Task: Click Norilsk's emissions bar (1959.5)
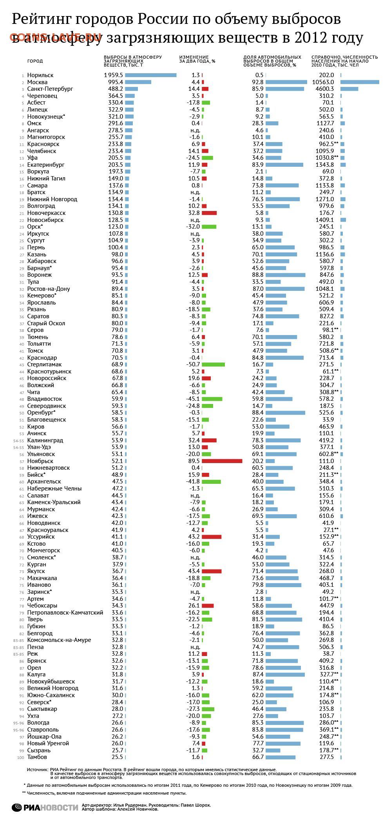[151, 75]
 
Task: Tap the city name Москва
[37, 82]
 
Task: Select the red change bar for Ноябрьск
[222, 461]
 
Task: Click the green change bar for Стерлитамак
[213, 364]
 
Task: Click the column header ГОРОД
[35, 61]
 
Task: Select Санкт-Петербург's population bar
[349, 89]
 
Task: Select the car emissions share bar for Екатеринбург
[284, 165]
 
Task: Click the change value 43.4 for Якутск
[194, 571]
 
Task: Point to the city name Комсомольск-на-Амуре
[59, 640]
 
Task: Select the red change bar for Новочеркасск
[209, 213]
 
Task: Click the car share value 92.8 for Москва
[258, 82]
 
